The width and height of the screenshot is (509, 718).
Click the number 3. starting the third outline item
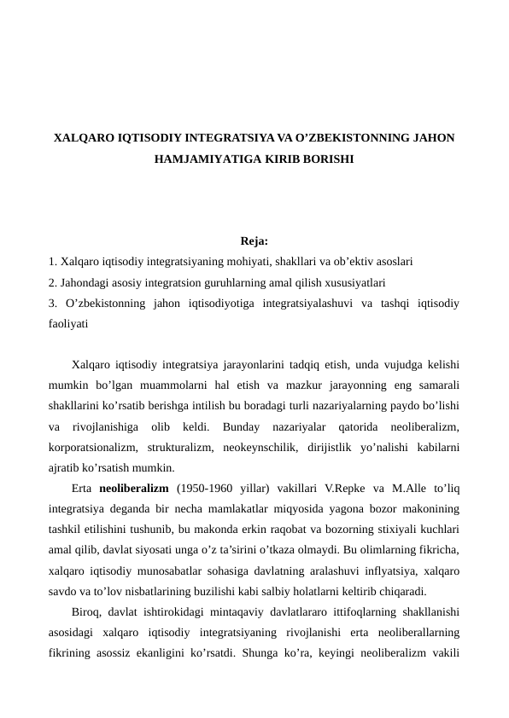tap(55, 302)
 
